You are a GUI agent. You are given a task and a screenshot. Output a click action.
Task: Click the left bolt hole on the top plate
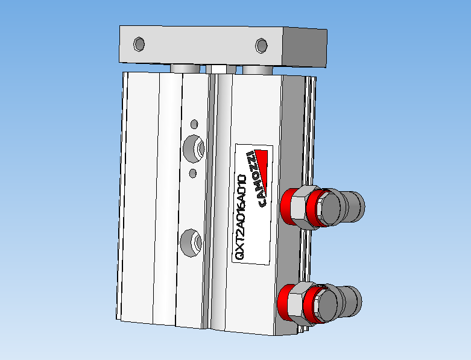click(x=139, y=45)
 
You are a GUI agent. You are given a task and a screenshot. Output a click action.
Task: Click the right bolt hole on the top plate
click(x=261, y=45)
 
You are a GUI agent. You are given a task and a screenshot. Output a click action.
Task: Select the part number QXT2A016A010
click(x=240, y=218)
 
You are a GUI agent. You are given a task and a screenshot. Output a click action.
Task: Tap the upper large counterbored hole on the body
click(x=193, y=149)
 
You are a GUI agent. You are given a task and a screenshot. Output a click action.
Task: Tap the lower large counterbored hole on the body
click(x=191, y=242)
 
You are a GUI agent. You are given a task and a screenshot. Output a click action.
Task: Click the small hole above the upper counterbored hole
click(x=194, y=124)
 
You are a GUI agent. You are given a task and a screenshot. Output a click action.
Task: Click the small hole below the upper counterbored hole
click(x=192, y=174)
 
